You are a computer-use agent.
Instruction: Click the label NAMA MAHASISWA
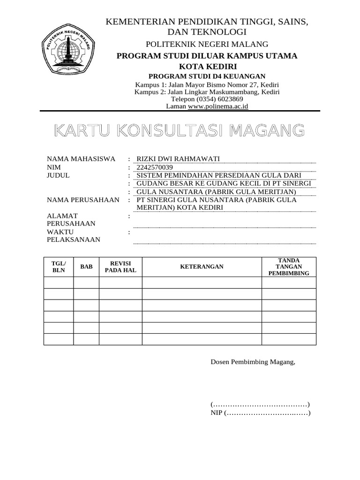click(x=81, y=159)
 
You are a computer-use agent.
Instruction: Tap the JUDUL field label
click(x=58, y=175)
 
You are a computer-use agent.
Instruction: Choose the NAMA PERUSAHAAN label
click(x=83, y=200)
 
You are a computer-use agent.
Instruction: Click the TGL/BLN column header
click(x=59, y=267)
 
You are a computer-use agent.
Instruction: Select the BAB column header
click(x=86, y=267)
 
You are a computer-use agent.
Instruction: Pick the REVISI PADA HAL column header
click(x=120, y=267)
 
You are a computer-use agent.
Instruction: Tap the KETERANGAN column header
click(x=202, y=267)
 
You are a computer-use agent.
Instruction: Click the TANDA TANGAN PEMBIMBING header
click(x=289, y=267)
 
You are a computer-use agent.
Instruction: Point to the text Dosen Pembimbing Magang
click(x=253, y=362)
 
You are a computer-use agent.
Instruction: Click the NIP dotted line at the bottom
click(x=267, y=413)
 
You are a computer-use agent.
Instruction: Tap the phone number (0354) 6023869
click(x=207, y=99)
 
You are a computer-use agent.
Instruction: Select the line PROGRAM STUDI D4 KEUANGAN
click(x=207, y=76)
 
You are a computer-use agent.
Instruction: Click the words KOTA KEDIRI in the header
click(x=207, y=66)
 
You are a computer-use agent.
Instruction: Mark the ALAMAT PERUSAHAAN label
click(x=71, y=219)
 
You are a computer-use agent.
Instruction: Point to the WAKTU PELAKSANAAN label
click(x=74, y=236)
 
